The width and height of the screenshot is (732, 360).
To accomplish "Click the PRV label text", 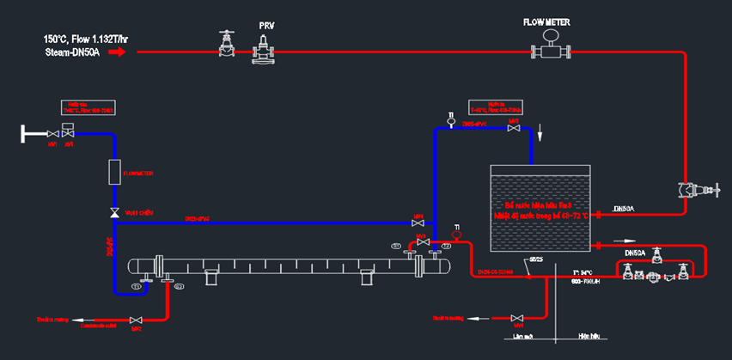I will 266,27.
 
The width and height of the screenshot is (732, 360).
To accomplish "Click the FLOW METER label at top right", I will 547,22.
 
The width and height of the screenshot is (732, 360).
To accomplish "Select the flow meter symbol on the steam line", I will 551,50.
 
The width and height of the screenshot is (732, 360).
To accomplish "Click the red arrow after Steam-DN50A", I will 118,52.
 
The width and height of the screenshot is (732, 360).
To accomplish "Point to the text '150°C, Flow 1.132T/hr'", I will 86,39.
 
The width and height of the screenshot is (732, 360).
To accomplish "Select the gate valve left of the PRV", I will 226,46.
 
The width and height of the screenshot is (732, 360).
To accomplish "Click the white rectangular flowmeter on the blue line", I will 113,172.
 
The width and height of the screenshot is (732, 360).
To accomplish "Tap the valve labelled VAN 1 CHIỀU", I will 113,212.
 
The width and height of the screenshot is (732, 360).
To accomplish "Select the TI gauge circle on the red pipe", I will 456,234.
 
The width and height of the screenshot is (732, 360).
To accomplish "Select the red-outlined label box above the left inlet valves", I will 88,108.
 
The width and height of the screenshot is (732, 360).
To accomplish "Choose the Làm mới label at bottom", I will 522,336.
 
